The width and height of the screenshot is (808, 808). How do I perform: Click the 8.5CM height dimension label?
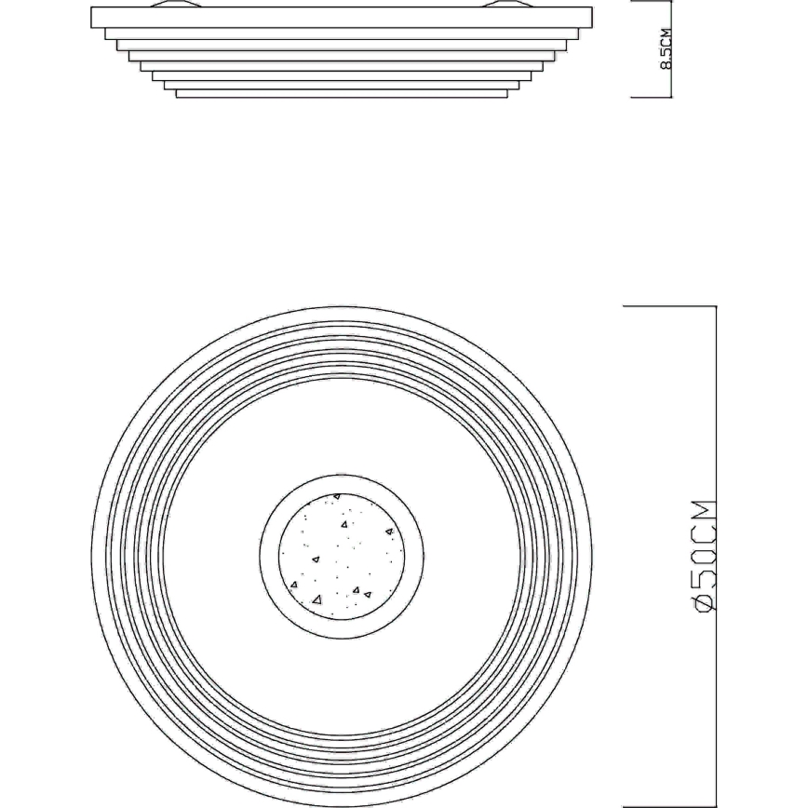pos(666,49)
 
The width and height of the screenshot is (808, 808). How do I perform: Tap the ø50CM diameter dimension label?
pos(704,556)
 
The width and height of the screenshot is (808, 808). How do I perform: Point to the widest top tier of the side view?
pos(341,18)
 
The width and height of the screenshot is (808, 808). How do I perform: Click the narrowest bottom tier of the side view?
pos(342,94)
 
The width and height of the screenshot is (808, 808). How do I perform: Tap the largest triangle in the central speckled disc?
pos(316,599)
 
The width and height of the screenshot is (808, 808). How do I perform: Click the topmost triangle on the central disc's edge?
pos(336,496)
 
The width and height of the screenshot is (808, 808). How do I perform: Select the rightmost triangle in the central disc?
pos(389,532)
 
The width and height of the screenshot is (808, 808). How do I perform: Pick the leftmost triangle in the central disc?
pos(294,585)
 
